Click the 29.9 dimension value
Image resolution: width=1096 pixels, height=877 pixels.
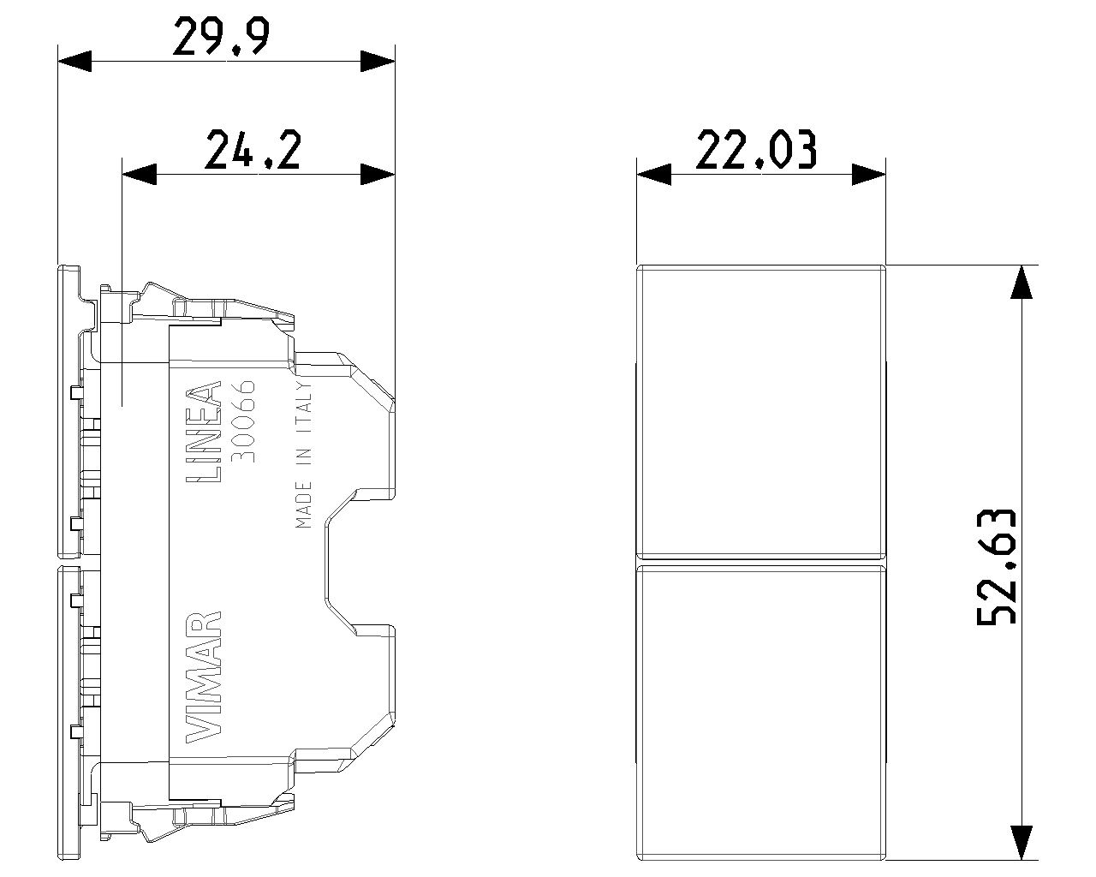pos(221,36)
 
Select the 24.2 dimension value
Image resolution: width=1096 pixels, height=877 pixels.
pos(253,149)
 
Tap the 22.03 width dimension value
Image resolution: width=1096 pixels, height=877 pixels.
pos(756,149)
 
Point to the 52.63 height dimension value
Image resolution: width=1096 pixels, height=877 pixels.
pos(996,567)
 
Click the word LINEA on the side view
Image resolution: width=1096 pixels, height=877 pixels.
pos(204,432)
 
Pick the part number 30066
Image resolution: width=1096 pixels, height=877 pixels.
pos(243,421)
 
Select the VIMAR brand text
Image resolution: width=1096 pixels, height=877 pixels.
pos(204,677)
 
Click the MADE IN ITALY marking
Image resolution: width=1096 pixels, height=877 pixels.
pos(303,454)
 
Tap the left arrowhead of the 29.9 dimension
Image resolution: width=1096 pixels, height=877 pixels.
pos(74,61)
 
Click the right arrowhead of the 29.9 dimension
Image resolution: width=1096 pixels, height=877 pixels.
pos(378,61)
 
